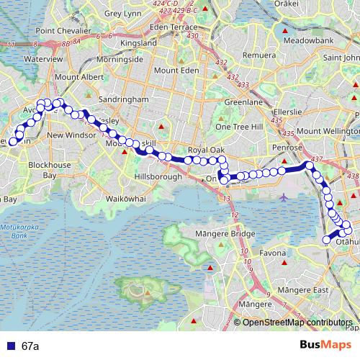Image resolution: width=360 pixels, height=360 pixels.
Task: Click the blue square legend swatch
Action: (x=12, y=345)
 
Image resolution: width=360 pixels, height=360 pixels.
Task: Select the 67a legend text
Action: (x=30, y=346)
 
